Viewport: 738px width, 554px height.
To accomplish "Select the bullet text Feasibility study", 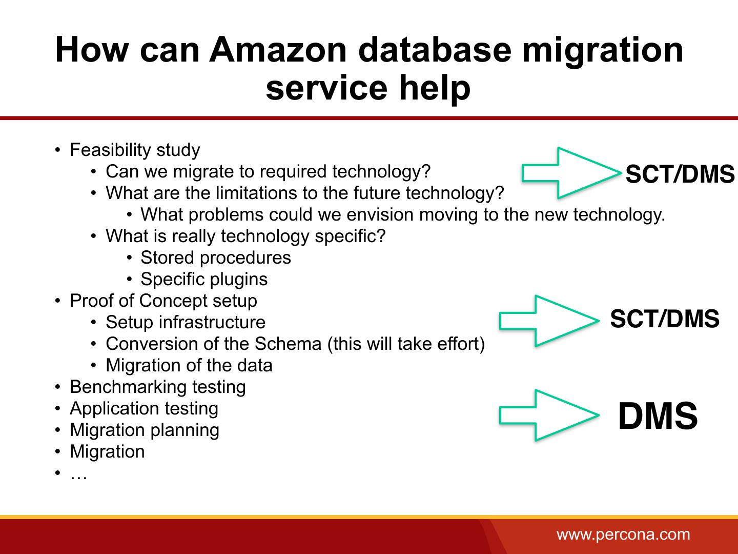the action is tap(135, 150).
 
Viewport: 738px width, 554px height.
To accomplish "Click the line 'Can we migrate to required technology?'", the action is tap(268, 171).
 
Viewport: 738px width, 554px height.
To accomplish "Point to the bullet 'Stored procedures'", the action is tap(215, 258).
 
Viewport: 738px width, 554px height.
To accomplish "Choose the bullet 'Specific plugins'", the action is tap(204, 279).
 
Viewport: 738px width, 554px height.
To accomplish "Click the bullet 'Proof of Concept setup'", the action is tap(163, 301).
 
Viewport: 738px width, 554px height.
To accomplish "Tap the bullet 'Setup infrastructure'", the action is tap(186, 322).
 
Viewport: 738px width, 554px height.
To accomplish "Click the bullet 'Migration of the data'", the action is tap(189, 365).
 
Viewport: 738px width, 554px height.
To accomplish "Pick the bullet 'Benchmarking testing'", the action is tap(157, 387).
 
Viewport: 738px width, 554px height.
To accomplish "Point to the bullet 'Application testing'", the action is tap(143, 408).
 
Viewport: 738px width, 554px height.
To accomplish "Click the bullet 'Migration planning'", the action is tap(144, 430).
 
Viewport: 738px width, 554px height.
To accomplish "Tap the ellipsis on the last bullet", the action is tap(78, 474).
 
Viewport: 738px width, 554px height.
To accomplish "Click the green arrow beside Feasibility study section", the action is tap(569, 173).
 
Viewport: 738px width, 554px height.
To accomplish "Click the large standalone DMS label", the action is tap(658, 416).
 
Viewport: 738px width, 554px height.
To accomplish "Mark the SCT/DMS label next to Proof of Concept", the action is tap(665, 319).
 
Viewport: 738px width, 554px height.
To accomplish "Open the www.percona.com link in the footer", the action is tap(623, 535).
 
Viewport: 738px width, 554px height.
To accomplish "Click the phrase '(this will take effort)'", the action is tap(406, 344).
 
